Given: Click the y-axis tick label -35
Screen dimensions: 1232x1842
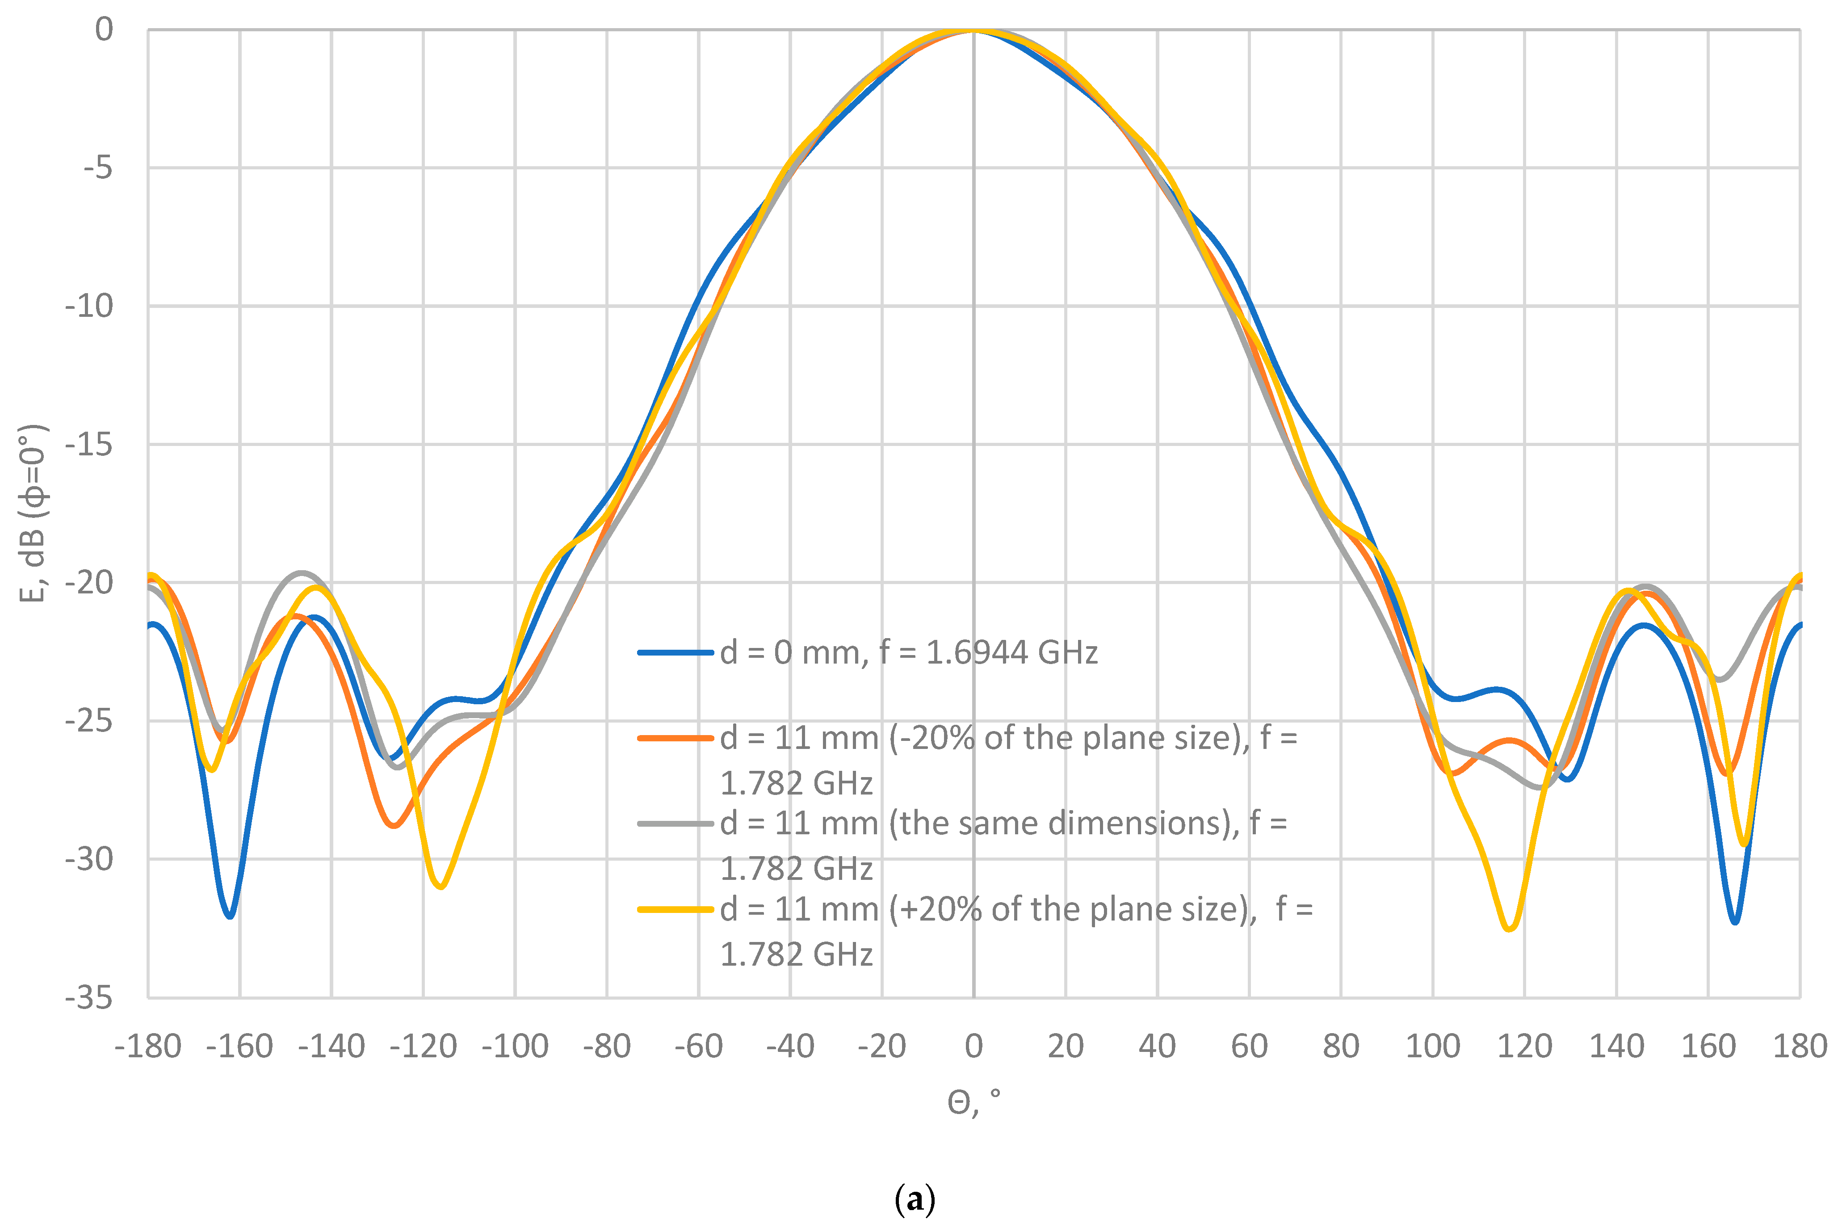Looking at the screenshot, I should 89,998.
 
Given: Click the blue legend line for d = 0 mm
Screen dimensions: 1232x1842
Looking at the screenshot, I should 676,652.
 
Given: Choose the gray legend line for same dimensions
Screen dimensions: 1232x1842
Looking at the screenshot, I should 676,824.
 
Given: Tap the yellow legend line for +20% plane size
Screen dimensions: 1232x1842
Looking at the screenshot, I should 676,909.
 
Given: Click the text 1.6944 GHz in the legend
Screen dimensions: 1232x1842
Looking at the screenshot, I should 1012,652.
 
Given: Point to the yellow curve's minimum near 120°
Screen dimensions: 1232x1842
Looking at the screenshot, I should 1509,929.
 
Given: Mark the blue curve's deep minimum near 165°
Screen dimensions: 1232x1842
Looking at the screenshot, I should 1734,921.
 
